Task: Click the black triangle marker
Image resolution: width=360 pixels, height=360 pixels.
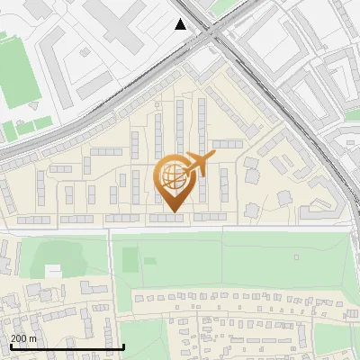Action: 181,24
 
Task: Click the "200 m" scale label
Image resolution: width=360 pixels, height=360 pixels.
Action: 23,337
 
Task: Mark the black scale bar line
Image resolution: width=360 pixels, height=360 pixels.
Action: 67,346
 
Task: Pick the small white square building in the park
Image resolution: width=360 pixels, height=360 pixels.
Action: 53,270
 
